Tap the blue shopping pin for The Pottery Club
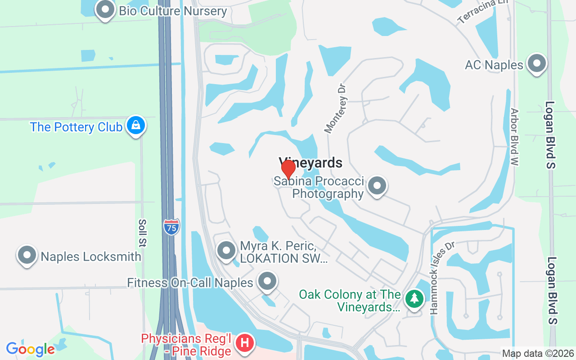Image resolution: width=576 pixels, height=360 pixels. pyautogui.click(x=135, y=126)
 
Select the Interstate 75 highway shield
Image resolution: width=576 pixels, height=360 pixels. pyautogui.click(x=171, y=227)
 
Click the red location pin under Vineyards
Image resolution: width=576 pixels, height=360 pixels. pyautogui.click(x=288, y=169)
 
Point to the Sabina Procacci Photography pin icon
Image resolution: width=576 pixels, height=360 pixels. pyautogui.click(x=377, y=186)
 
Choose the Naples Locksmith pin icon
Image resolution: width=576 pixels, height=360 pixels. pyautogui.click(x=27, y=255)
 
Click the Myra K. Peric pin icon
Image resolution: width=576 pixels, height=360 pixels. pyautogui.click(x=226, y=250)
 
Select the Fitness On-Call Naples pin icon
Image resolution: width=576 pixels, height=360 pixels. pyautogui.click(x=268, y=281)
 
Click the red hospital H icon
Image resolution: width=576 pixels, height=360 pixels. pyautogui.click(x=245, y=343)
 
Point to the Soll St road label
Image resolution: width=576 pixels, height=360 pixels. pyautogui.click(x=143, y=233)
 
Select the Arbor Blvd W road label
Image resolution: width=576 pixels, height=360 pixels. pyautogui.click(x=515, y=137)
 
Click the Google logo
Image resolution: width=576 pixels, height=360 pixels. pyautogui.click(x=30, y=349)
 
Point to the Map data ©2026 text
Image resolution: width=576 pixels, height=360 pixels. pyautogui.click(x=538, y=354)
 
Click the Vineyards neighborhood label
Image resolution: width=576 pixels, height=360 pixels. pyautogui.click(x=310, y=162)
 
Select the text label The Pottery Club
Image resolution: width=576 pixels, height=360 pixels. pyautogui.click(x=76, y=127)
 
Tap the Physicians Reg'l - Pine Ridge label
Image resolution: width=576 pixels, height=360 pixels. pyautogui.click(x=187, y=344)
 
